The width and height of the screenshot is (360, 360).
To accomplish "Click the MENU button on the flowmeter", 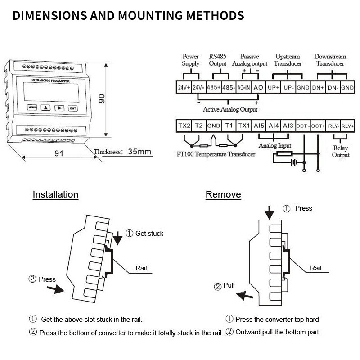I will [32, 108].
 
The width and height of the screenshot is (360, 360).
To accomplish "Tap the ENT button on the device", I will [72, 108].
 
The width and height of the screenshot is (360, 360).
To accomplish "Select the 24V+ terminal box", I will [184, 87].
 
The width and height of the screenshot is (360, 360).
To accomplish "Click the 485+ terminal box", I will [213, 87].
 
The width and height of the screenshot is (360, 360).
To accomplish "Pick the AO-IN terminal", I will [243, 87].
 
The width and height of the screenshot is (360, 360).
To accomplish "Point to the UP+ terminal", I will [273, 87].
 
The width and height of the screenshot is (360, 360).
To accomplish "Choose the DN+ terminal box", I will [318, 87].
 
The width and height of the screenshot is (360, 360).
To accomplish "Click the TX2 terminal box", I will [184, 126].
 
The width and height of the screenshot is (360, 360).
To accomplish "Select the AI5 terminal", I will [258, 126].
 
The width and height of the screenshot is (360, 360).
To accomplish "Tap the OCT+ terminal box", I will [318, 126].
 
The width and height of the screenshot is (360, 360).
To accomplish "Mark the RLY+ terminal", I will [347, 126].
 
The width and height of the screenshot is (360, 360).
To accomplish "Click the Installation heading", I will [55, 195].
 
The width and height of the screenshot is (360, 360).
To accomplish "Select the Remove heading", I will [223, 195].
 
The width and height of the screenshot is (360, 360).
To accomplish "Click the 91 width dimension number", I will [58, 153].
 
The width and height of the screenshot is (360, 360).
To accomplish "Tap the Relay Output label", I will [341, 152].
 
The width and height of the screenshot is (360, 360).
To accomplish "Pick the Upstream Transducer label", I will [287, 60].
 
